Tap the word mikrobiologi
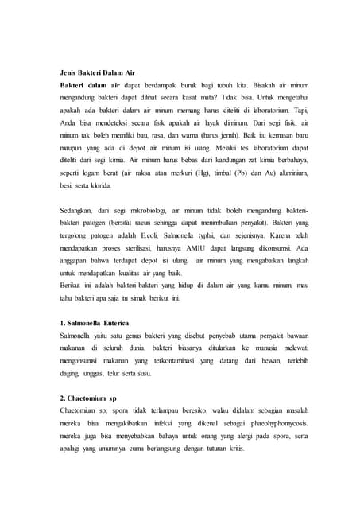coord(142,210)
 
